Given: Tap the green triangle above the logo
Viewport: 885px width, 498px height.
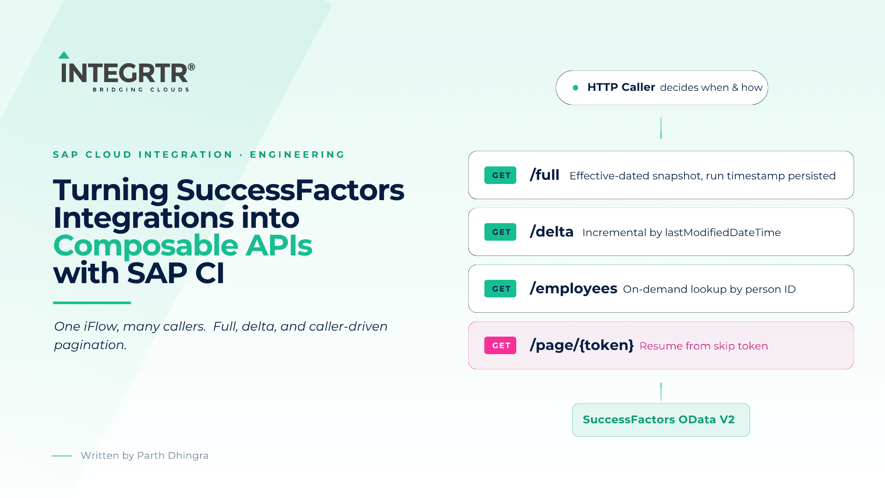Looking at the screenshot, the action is coord(64,55).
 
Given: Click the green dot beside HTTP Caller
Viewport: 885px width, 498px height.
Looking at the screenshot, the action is coord(575,88).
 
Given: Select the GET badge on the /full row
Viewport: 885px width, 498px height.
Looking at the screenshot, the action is coord(500,175).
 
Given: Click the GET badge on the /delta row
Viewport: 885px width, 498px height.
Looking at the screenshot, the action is coord(500,232).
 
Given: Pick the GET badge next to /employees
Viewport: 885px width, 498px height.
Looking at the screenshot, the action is coord(500,289).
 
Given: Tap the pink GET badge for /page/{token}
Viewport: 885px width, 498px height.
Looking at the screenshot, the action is coord(500,345).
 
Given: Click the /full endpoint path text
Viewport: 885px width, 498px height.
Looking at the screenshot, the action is coord(544,175).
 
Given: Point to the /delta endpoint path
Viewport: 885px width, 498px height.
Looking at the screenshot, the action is coord(552,231).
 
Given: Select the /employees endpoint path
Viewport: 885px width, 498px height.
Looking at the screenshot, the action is coord(573,289).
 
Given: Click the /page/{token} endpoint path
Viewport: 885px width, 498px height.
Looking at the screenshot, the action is coord(582,345).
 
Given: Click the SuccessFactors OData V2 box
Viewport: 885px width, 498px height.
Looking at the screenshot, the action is coord(661,420).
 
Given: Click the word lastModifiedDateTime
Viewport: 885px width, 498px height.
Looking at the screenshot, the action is coord(723,232).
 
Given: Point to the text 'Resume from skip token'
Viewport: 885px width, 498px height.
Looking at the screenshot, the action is coord(704,346).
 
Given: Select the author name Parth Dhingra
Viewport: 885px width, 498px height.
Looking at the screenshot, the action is coord(173,456).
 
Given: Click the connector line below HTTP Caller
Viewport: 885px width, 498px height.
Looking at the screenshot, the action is coord(661,128).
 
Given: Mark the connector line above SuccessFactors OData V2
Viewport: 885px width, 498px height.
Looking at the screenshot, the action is coord(661,393).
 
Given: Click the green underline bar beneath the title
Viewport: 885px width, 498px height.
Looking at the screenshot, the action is coord(92,303).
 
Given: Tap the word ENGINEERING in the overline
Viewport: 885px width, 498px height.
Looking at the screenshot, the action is coord(297,154).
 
